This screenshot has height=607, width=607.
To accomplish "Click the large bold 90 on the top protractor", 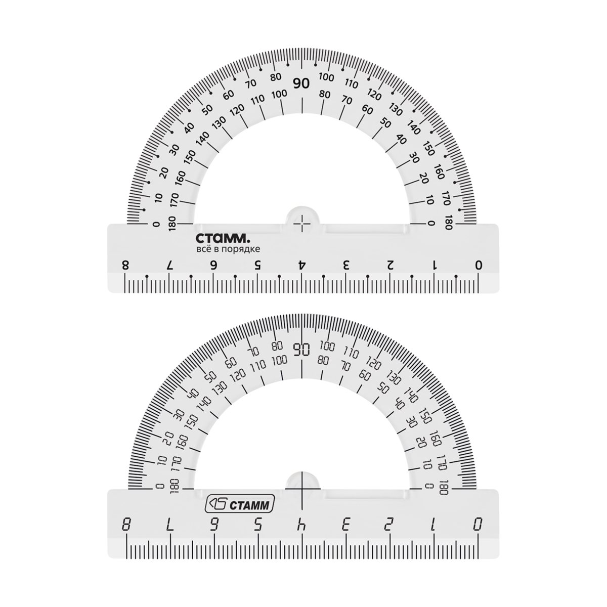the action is tap(301, 84).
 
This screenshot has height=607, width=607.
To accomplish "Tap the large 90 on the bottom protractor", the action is tap(302, 350).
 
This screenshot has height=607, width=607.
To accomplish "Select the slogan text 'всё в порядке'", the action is tap(228, 249).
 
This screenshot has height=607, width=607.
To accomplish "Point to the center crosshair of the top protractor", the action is tap(302, 224).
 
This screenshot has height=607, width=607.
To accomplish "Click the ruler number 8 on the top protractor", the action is tap(125, 265).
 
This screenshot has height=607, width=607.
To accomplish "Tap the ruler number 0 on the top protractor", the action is tap(479, 265).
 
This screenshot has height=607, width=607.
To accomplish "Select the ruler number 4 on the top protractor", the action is tap(302, 265).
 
